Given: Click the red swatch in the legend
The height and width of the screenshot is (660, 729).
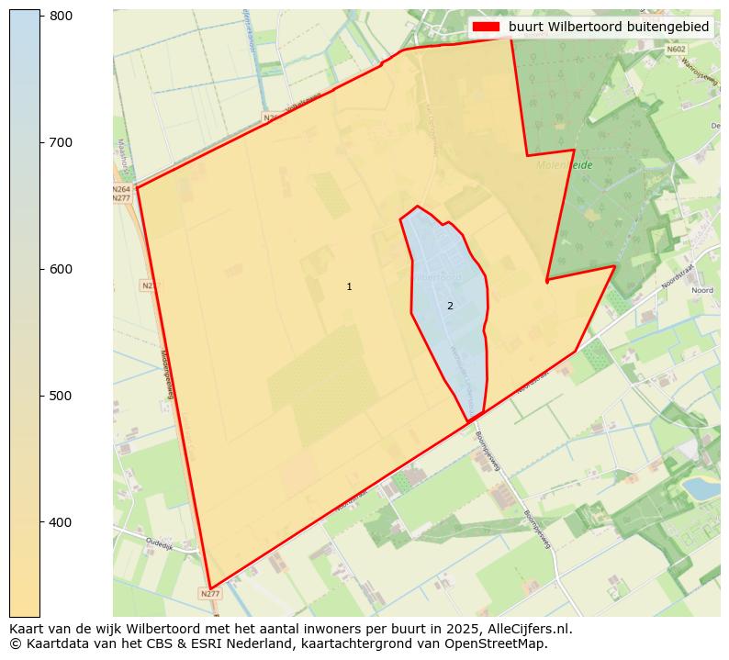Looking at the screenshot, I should [x=487, y=27].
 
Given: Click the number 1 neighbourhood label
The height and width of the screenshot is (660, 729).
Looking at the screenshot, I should [x=349, y=287].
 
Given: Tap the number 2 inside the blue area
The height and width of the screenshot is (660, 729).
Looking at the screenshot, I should [x=450, y=306].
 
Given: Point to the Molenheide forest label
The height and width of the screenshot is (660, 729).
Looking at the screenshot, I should [x=565, y=165].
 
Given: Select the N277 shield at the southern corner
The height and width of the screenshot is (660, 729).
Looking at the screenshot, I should [x=210, y=594].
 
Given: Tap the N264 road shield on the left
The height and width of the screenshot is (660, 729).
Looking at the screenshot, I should [x=121, y=188].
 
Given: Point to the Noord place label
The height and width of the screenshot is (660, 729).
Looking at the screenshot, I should [x=702, y=290].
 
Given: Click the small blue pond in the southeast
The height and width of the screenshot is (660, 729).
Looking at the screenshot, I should [x=702, y=487].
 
